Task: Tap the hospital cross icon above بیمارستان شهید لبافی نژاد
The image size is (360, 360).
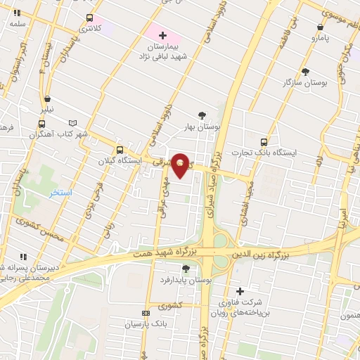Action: click(162, 34)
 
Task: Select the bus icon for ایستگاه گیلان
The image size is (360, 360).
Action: click(120, 150)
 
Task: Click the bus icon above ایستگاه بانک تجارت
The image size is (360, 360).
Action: click(264, 141)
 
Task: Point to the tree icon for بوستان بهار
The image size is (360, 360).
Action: click(202, 115)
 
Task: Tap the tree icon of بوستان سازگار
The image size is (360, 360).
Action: click(305, 71)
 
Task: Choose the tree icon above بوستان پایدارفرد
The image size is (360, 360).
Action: click(186, 268)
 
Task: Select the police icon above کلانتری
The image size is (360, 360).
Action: click(89, 18)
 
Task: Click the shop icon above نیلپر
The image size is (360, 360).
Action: click(46, 99)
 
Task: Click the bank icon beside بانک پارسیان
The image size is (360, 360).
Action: click(146, 314)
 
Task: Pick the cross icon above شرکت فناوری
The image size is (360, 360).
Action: click(240, 291)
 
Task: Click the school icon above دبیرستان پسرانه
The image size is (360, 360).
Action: click(22, 257)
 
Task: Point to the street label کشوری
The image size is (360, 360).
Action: click(171, 306)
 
